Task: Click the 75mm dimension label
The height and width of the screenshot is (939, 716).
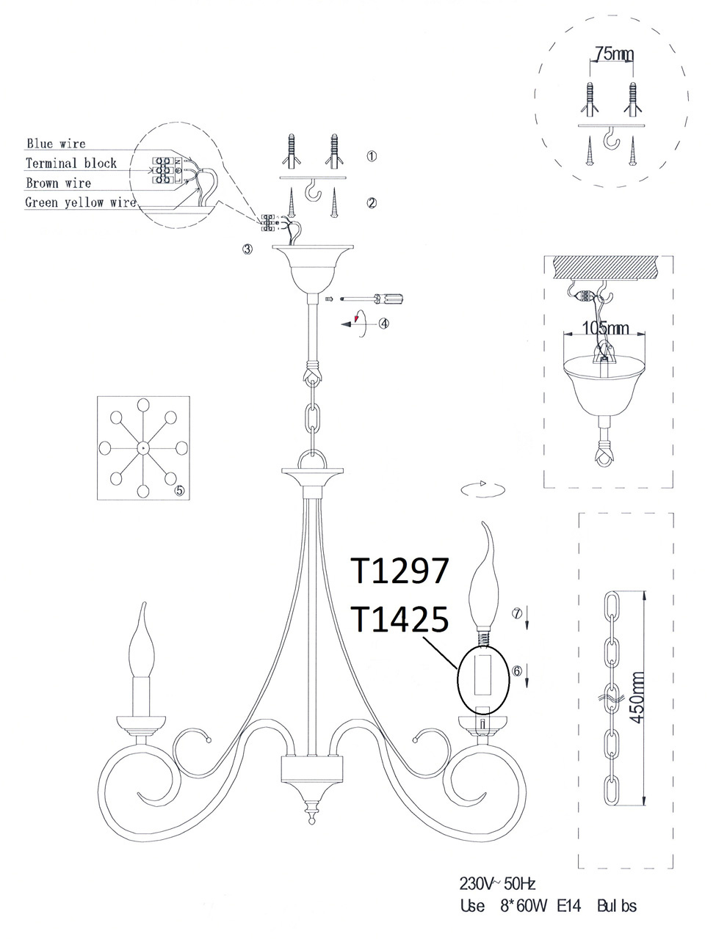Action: click(610, 54)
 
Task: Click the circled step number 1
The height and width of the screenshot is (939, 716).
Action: click(372, 156)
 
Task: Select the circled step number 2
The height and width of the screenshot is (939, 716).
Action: click(372, 202)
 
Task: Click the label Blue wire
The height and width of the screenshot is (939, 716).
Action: click(56, 144)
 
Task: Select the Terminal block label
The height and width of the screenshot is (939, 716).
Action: click(71, 163)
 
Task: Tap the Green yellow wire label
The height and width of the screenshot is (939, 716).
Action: click(81, 202)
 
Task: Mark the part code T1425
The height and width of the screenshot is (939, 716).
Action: click(399, 620)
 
